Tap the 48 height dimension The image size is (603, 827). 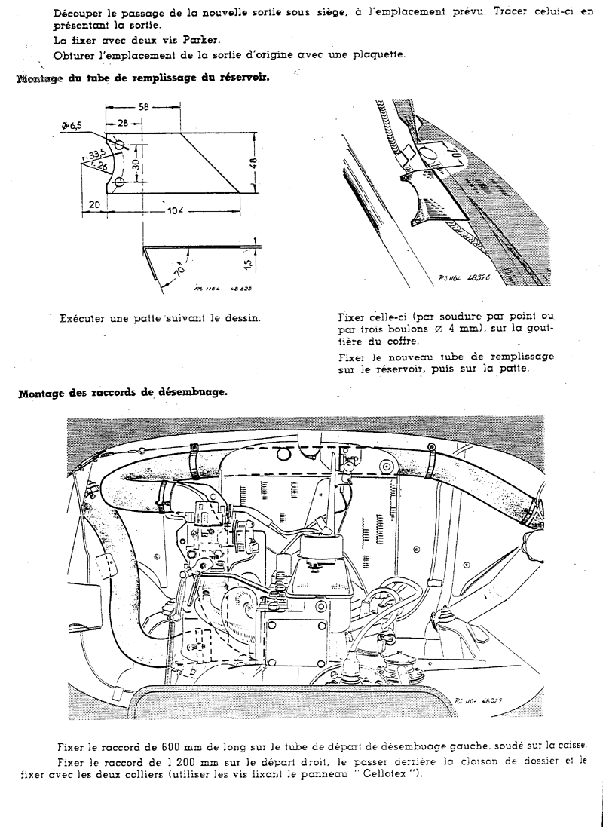tap(254, 161)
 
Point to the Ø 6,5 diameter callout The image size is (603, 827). tap(69, 126)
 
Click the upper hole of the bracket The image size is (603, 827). tap(120, 145)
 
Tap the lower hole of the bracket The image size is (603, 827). tap(119, 182)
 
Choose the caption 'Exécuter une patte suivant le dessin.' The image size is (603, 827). tap(161, 318)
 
